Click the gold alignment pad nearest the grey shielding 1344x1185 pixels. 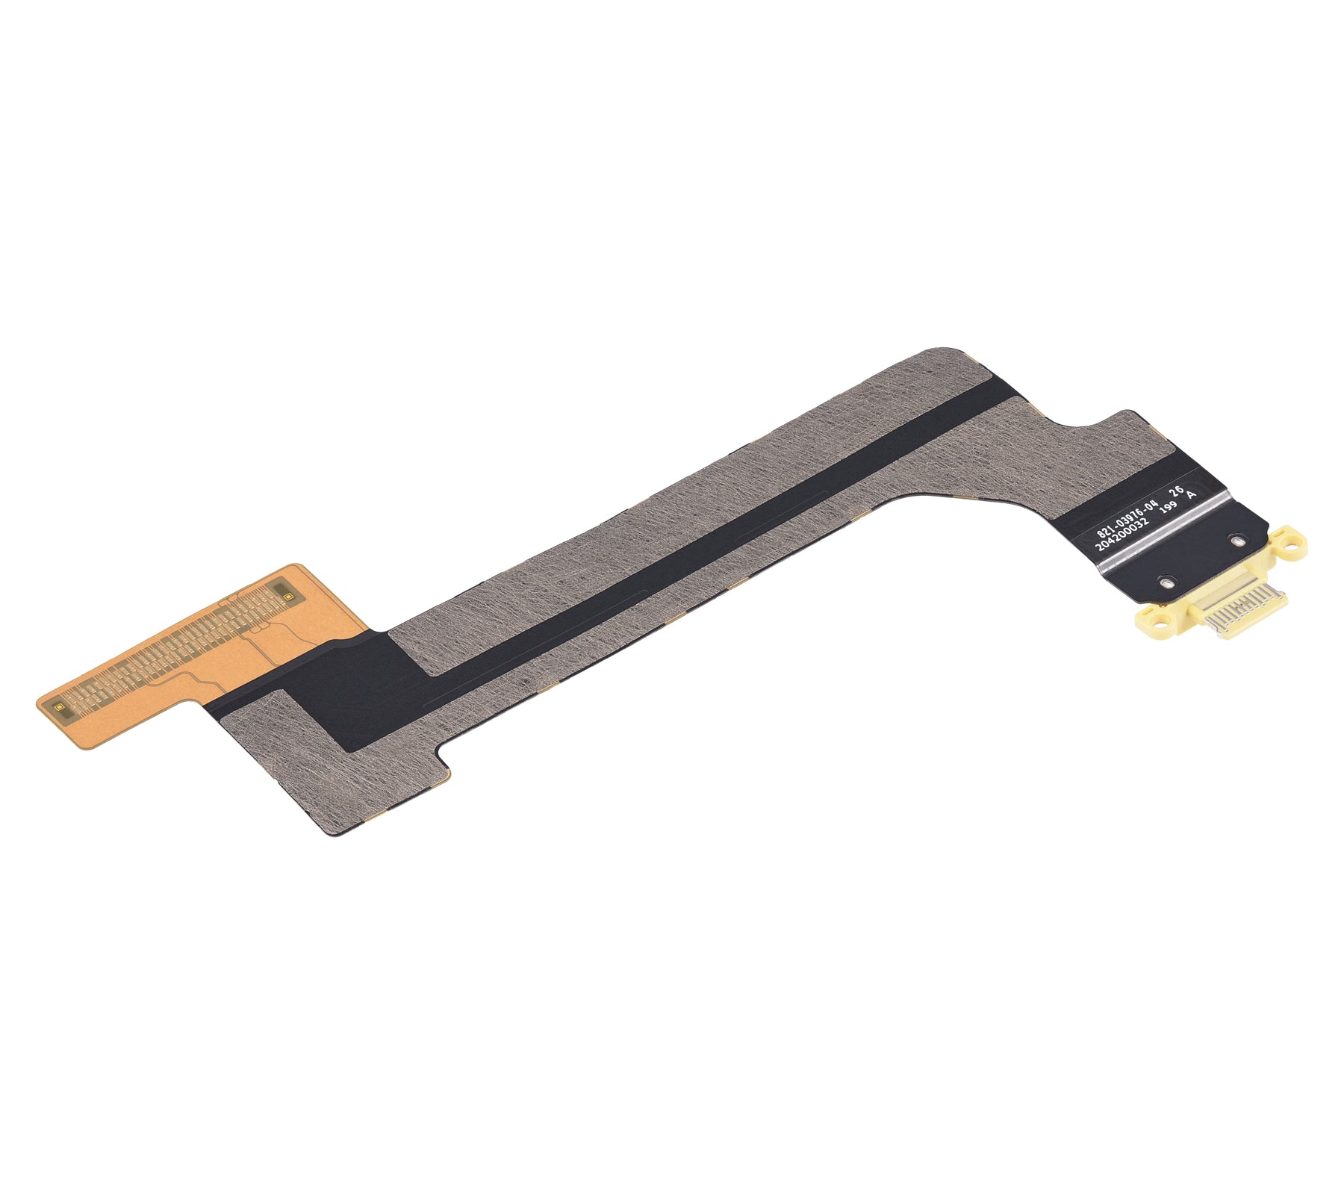pyautogui.click(x=284, y=591)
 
